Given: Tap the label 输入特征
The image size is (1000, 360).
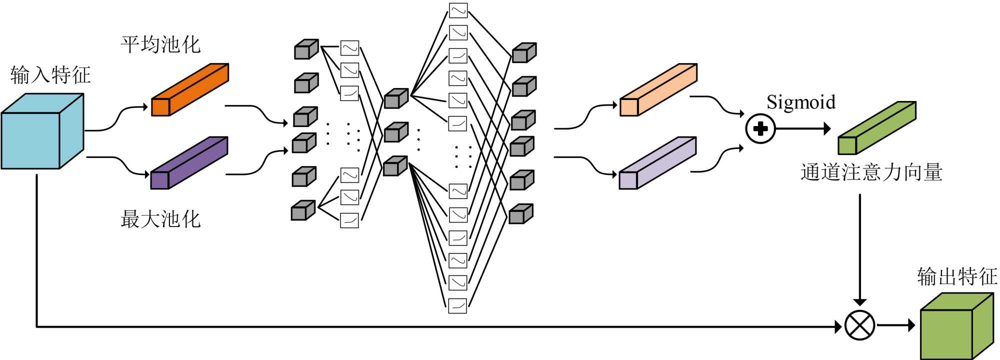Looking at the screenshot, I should click(x=50, y=75).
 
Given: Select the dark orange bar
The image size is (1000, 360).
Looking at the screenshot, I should click(x=190, y=89).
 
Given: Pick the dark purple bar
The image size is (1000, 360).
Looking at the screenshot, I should click(x=189, y=163).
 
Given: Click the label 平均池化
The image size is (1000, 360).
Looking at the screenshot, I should click(x=160, y=44).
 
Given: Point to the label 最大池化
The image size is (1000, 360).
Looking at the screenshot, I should click(x=160, y=219).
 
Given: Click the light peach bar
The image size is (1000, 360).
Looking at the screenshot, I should click(x=658, y=89).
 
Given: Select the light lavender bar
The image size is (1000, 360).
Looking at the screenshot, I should click(x=657, y=163).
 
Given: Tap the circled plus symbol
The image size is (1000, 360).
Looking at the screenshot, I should click(x=760, y=129).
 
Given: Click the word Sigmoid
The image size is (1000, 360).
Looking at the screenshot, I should click(x=801, y=102).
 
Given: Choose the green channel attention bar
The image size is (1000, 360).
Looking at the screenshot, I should click(x=877, y=128).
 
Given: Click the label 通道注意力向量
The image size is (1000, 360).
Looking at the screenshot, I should click(x=871, y=172).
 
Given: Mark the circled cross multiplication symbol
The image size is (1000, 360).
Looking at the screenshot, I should click(x=859, y=325).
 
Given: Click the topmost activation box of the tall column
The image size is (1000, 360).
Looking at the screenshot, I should click(x=457, y=10).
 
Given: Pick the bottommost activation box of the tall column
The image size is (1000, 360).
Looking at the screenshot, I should click(x=457, y=305).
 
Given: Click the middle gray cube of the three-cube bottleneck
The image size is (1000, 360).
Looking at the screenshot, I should click(x=396, y=132).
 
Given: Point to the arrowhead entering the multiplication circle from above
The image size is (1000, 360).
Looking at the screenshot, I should click(x=860, y=302).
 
